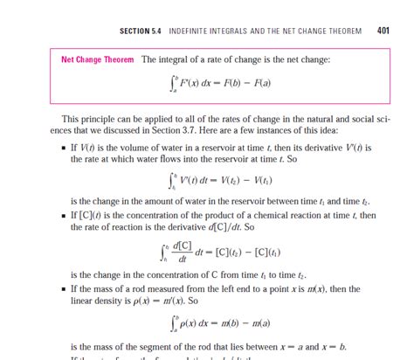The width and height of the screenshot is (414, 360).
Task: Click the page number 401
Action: click(383, 31)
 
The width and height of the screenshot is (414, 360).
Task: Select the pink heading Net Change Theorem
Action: click(97, 59)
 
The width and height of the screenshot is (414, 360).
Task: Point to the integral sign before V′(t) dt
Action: click(171, 182)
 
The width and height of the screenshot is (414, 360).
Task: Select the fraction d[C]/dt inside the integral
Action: click(184, 254)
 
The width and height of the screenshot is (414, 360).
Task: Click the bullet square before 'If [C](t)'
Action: click(65, 216)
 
